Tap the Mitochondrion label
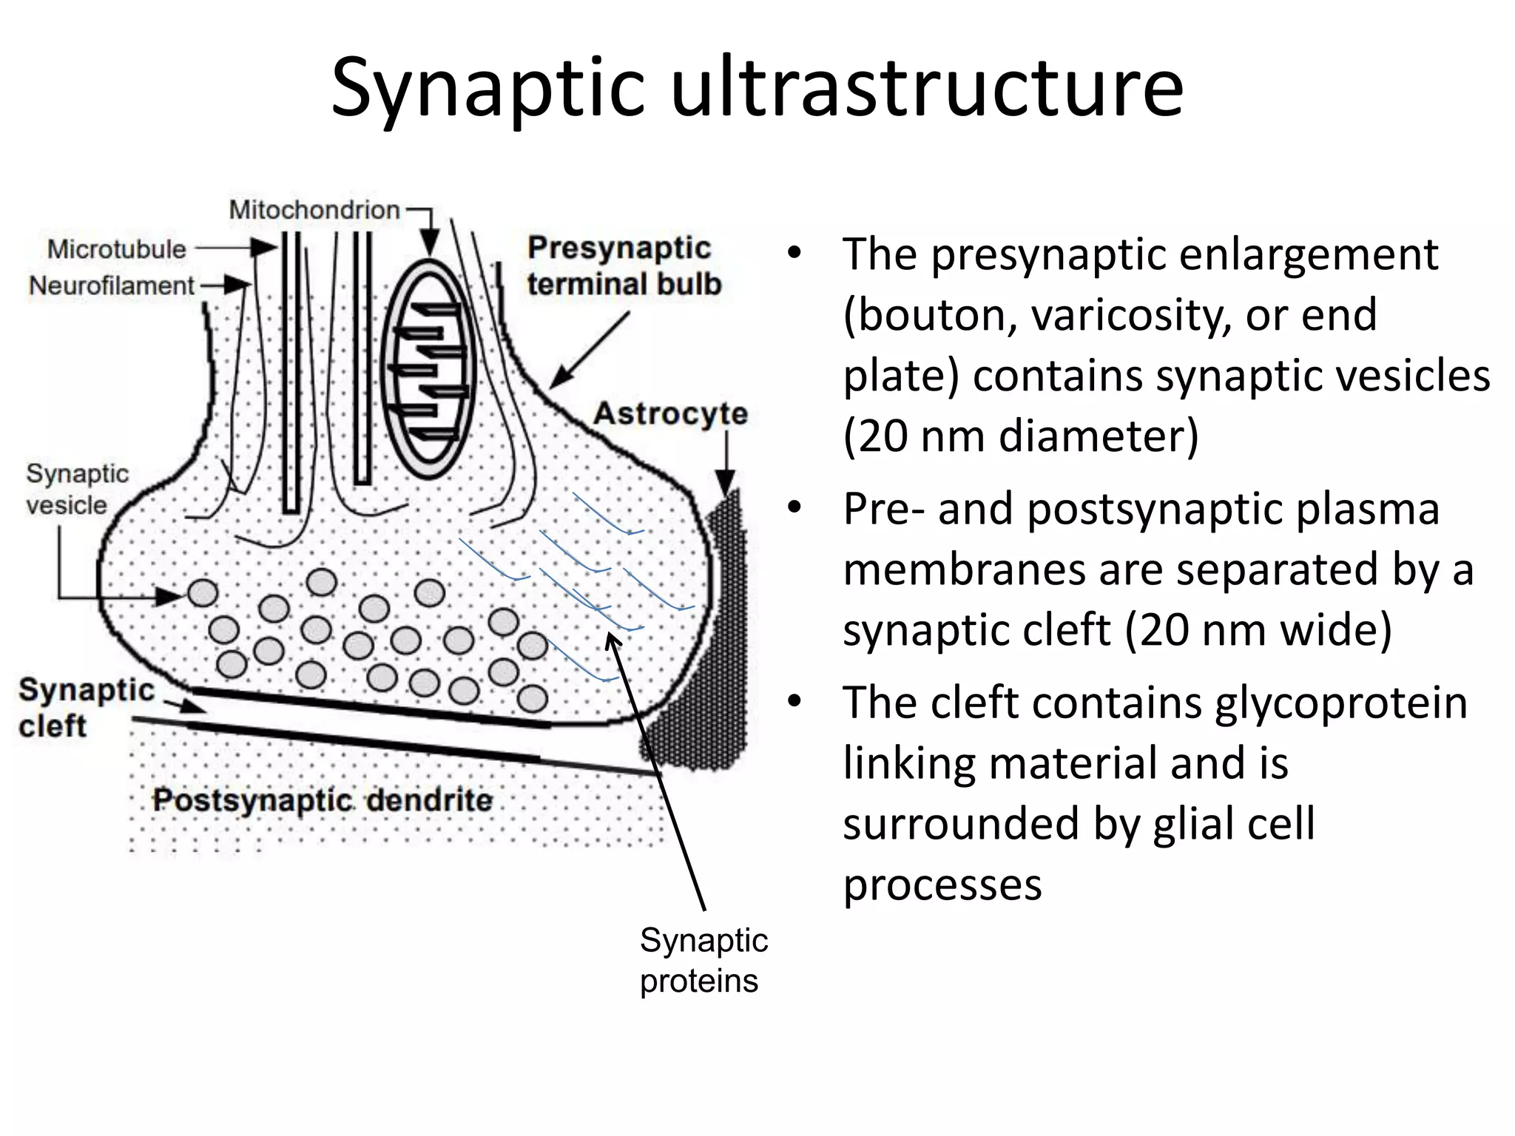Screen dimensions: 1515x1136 [x=314, y=210]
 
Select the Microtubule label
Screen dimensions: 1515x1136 [x=116, y=249]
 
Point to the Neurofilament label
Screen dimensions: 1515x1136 [x=111, y=285]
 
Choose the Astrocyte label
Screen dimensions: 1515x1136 [x=670, y=413]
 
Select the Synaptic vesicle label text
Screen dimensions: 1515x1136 [x=76, y=489]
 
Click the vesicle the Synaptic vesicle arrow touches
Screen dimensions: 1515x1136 [x=203, y=593]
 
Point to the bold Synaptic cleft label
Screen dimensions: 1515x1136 [x=85, y=707]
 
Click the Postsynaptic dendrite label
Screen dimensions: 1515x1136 [x=322, y=800]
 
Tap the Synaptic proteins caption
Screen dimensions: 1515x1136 [x=703, y=960]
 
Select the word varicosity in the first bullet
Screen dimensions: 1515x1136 [x=1129, y=315]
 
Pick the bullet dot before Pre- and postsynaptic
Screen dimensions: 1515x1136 [x=794, y=509]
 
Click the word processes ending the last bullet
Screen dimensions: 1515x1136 [x=942, y=885]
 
